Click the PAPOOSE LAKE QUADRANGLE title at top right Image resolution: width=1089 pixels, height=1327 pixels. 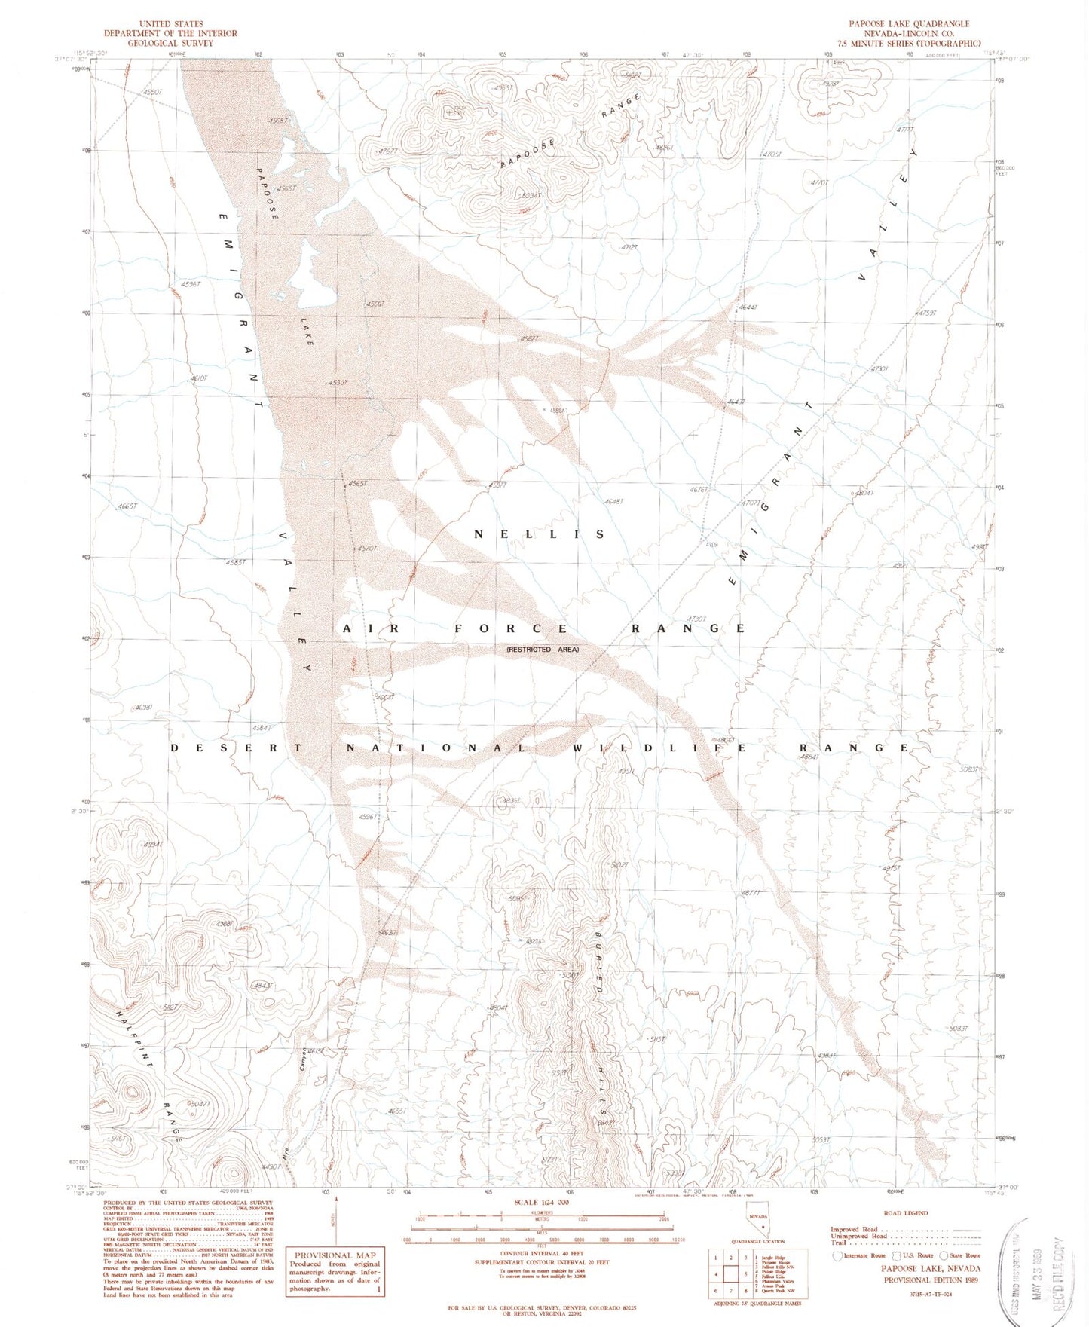[x=909, y=23]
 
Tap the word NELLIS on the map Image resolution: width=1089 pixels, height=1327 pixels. [x=539, y=534]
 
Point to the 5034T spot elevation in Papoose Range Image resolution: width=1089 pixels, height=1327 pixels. [x=530, y=196]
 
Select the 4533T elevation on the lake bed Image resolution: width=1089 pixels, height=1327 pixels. [x=337, y=382]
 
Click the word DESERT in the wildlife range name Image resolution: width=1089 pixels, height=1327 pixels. [x=236, y=748]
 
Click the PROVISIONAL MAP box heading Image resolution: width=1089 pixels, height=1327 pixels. [x=335, y=1255]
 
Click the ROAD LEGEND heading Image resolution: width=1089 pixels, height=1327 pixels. [x=905, y=1212]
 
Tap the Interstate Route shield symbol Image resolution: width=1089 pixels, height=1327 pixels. [x=837, y=1255]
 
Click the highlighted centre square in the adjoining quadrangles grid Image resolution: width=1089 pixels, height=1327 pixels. [x=730, y=1274]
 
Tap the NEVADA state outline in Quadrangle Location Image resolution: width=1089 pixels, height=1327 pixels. [x=757, y=1224]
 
